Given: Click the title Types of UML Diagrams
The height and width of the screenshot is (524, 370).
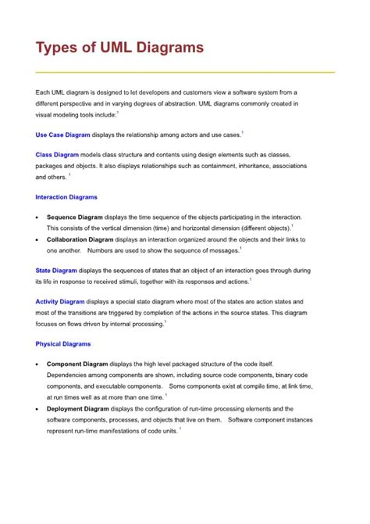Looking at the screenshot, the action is point(119,48).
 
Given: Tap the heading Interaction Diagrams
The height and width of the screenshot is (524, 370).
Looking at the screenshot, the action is point(66,197).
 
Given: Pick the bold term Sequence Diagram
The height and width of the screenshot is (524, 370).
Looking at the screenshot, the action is point(74,217).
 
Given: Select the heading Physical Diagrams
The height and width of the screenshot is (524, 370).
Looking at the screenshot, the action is point(63,344).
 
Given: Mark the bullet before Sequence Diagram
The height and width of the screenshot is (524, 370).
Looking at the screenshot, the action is point(37,217).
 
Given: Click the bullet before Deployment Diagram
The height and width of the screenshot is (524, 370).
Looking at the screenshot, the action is point(37,408).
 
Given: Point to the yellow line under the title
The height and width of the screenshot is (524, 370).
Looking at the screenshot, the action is point(185,72).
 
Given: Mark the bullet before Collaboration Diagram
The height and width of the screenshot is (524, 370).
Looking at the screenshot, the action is point(37,239).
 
